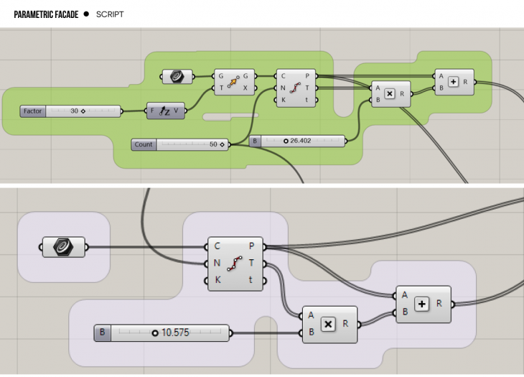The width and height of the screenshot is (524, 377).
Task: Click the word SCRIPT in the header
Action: point(110,14)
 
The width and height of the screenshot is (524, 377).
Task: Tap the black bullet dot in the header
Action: point(86,14)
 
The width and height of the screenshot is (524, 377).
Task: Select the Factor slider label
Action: point(32,111)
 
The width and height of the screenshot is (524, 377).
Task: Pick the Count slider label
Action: point(144,144)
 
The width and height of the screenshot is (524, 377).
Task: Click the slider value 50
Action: point(213,144)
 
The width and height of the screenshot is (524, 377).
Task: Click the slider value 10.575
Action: point(175,332)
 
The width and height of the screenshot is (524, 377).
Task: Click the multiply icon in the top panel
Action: point(388,93)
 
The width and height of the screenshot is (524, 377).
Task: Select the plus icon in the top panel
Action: point(452,82)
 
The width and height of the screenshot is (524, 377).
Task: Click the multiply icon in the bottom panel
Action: point(327,324)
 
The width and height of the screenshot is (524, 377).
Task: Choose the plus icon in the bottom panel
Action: point(421,304)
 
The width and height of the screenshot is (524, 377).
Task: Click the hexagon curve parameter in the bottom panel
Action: point(63,248)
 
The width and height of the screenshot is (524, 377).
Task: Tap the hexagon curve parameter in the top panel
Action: point(176,75)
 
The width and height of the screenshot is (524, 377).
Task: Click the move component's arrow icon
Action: point(234,82)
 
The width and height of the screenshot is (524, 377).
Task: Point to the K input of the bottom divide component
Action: point(217,279)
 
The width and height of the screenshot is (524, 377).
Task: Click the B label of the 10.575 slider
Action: point(103,332)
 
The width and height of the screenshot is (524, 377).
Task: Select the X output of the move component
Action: point(246,88)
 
